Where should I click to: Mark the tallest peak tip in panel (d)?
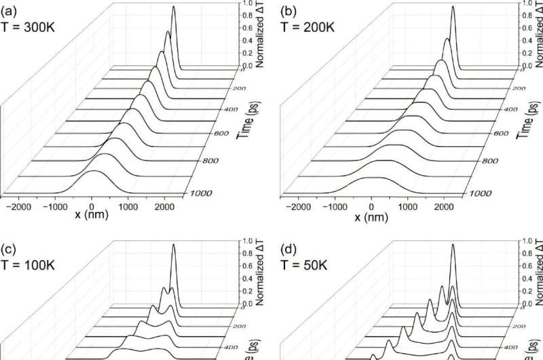coord(453,243)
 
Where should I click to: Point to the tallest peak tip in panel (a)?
coord(174,6)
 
